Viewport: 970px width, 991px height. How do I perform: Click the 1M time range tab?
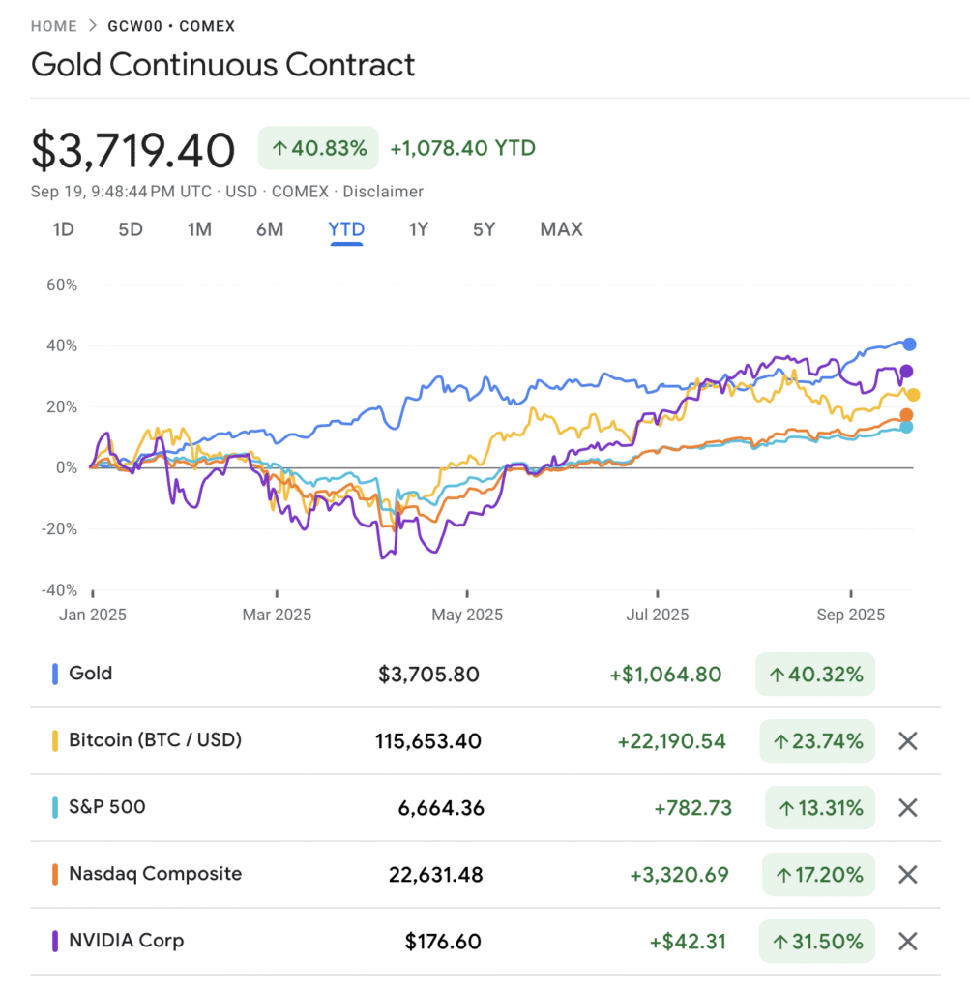199,229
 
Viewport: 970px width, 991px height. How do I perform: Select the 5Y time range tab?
484,229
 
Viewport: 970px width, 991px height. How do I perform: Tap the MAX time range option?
561,229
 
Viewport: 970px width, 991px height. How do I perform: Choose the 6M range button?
270,229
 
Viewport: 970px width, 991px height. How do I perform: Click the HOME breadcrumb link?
54,26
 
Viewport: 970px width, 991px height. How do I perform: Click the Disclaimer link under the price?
383,192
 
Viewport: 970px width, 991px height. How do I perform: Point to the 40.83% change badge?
318,148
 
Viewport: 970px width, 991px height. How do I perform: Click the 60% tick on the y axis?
61,285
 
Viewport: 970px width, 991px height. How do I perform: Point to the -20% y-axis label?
57,528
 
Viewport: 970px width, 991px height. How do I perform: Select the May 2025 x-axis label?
467,615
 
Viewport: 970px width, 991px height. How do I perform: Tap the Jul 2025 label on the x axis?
657,615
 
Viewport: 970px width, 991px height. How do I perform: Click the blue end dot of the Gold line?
909,344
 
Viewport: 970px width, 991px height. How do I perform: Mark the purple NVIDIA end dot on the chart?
906,371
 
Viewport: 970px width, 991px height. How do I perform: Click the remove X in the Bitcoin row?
907,741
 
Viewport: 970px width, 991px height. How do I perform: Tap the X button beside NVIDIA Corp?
907,941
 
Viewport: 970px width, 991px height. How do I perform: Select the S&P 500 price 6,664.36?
441,807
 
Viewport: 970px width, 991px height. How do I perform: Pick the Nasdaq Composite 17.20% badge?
817,875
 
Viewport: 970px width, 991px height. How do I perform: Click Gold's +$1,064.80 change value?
665,674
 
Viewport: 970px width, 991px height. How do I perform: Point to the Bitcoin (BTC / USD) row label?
155,740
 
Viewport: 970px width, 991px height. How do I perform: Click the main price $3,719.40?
133,151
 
